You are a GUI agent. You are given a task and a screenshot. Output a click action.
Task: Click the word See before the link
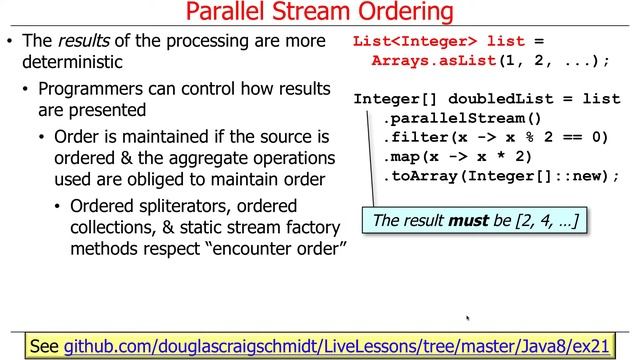[44, 346]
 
